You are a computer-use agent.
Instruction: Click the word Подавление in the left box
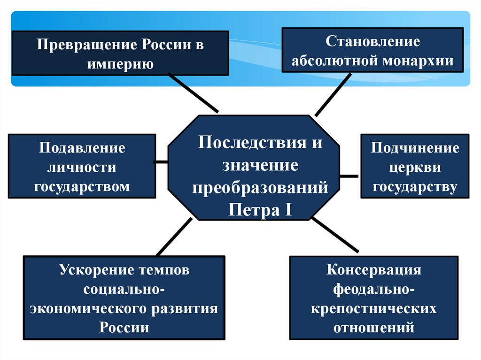(82, 148)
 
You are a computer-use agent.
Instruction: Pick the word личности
(82, 168)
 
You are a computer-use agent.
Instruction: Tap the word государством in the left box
(82, 186)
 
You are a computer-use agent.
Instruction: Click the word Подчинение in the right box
(415, 148)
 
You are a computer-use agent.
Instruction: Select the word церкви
(415, 168)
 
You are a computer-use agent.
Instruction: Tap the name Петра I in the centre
(261, 209)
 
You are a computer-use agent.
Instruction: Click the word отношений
(374, 327)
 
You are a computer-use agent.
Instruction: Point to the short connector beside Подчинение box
(349, 176)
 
